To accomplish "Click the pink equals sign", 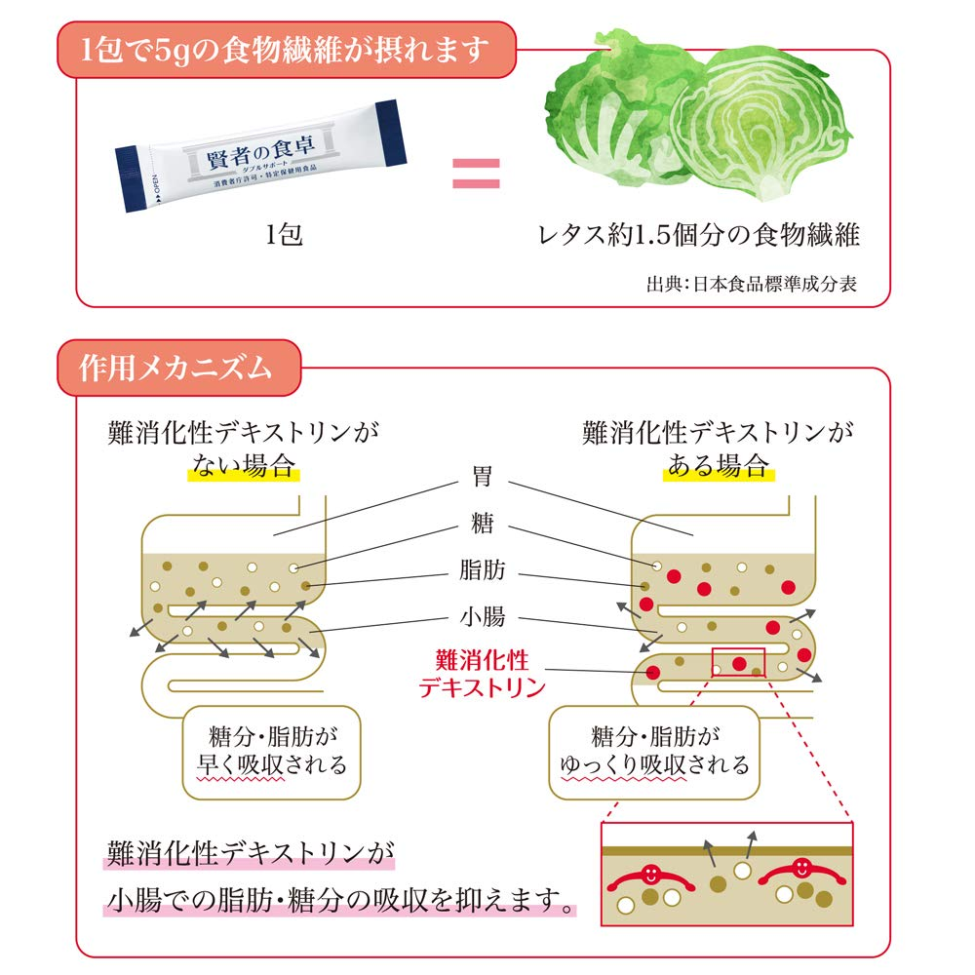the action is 476,174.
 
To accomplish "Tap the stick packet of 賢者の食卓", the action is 261,156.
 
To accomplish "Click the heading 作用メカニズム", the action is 175,368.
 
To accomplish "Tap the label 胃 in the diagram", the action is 483,477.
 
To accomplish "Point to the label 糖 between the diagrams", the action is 483,523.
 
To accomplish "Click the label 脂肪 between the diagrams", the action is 483,569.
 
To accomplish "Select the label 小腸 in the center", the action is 483,617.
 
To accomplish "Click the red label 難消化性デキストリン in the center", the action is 483,674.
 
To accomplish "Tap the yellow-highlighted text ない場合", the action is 244,466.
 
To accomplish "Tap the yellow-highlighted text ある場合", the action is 719,466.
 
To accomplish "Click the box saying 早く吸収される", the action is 272,753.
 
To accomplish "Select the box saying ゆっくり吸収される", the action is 654,753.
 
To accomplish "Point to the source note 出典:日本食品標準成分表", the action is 752,284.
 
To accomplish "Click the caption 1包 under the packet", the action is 284,235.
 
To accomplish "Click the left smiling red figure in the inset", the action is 651,877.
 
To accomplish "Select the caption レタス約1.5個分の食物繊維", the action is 699,235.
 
